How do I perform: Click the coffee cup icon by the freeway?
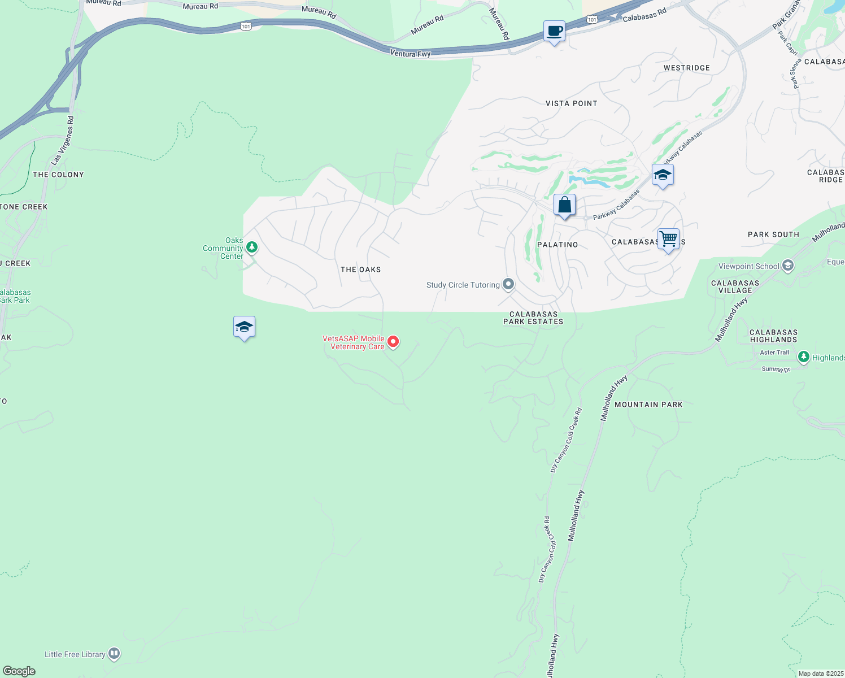pyautogui.click(x=554, y=32)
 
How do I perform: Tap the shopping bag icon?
pyautogui.click(x=564, y=205)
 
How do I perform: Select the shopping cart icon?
pyautogui.click(x=668, y=239)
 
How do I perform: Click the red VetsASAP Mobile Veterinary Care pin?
pyautogui.click(x=393, y=342)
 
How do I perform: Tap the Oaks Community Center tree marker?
pyautogui.click(x=252, y=247)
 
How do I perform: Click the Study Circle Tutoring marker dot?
pyautogui.click(x=508, y=284)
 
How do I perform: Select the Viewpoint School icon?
pyautogui.click(x=788, y=266)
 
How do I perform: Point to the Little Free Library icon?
pyautogui.click(x=114, y=654)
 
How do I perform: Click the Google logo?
pyautogui.click(x=19, y=671)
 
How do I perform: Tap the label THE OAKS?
pyautogui.click(x=360, y=270)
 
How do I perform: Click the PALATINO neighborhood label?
pyautogui.click(x=557, y=245)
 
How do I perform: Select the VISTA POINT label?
pyautogui.click(x=571, y=103)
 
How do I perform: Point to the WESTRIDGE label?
pyautogui.click(x=686, y=68)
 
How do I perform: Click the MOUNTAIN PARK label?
pyautogui.click(x=648, y=405)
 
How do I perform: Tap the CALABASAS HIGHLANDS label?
pyautogui.click(x=773, y=336)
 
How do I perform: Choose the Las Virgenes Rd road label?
pyautogui.click(x=63, y=141)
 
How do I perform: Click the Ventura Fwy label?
pyautogui.click(x=410, y=54)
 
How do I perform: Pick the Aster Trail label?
pyautogui.click(x=774, y=353)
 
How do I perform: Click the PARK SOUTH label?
pyautogui.click(x=773, y=234)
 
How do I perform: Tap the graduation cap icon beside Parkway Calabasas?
pyautogui.click(x=663, y=175)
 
